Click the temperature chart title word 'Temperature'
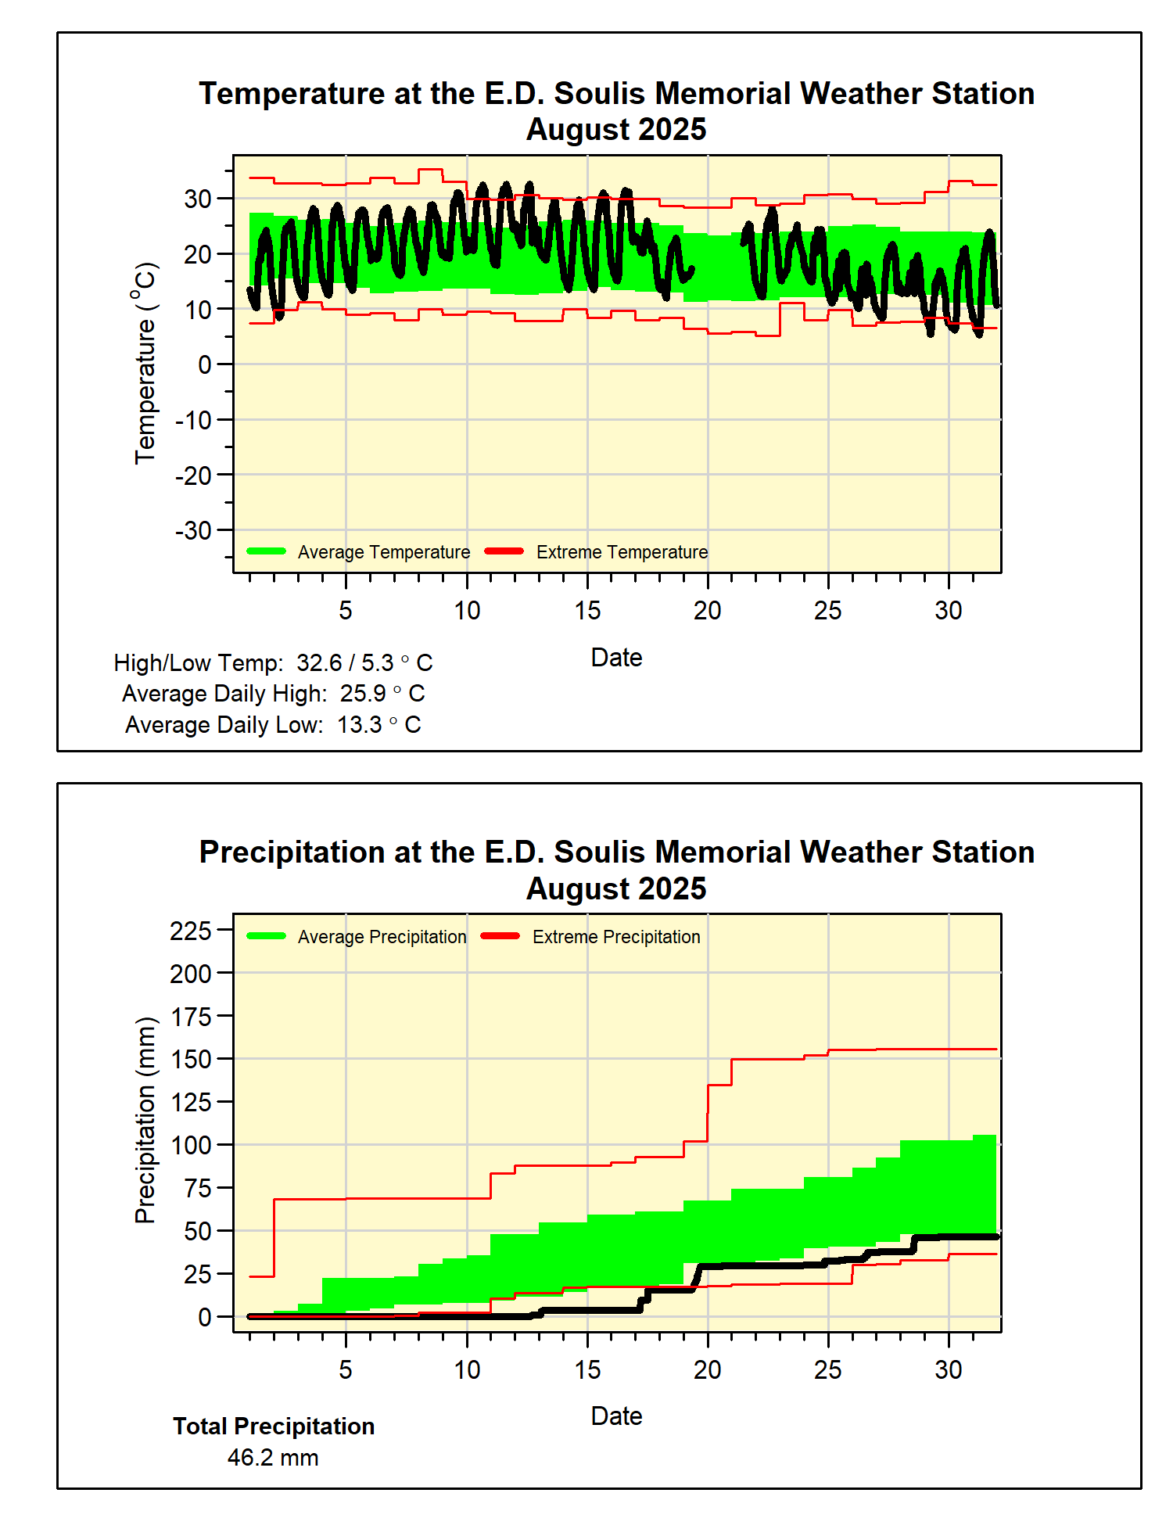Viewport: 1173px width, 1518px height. coord(292,94)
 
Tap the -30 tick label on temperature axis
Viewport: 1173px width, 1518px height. coord(193,530)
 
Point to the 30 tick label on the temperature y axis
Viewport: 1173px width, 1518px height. coord(198,199)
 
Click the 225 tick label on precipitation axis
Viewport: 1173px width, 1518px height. coord(191,931)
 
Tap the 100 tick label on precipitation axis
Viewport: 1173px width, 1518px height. coord(191,1145)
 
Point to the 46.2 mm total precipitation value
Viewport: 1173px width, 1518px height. coord(273,1458)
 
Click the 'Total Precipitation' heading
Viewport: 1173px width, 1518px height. coord(274,1426)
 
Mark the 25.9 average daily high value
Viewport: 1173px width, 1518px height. coord(363,694)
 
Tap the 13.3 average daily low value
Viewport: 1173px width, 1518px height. coord(360,725)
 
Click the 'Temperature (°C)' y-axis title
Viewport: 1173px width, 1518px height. coord(145,363)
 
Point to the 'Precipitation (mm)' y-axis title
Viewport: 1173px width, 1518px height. coord(145,1120)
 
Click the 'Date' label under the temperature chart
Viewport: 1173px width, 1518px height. coord(616,658)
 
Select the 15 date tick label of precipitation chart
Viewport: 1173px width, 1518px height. coord(587,1369)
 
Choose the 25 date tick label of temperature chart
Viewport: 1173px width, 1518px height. coord(828,611)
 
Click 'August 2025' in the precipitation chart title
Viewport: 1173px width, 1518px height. coord(616,889)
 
